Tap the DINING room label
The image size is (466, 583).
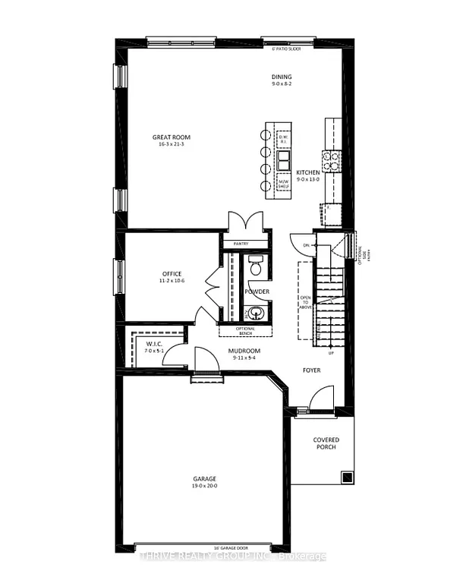[x=282, y=77]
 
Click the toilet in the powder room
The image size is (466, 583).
[x=255, y=267]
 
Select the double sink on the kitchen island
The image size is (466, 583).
[x=284, y=160]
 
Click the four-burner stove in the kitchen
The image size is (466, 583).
[x=332, y=159]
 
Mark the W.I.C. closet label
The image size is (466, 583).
[x=155, y=344]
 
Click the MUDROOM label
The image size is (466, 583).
[x=244, y=351]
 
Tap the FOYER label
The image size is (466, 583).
[x=312, y=370]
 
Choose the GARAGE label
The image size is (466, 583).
[x=204, y=478]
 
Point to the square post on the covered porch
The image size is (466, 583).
[x=346, y=477]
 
